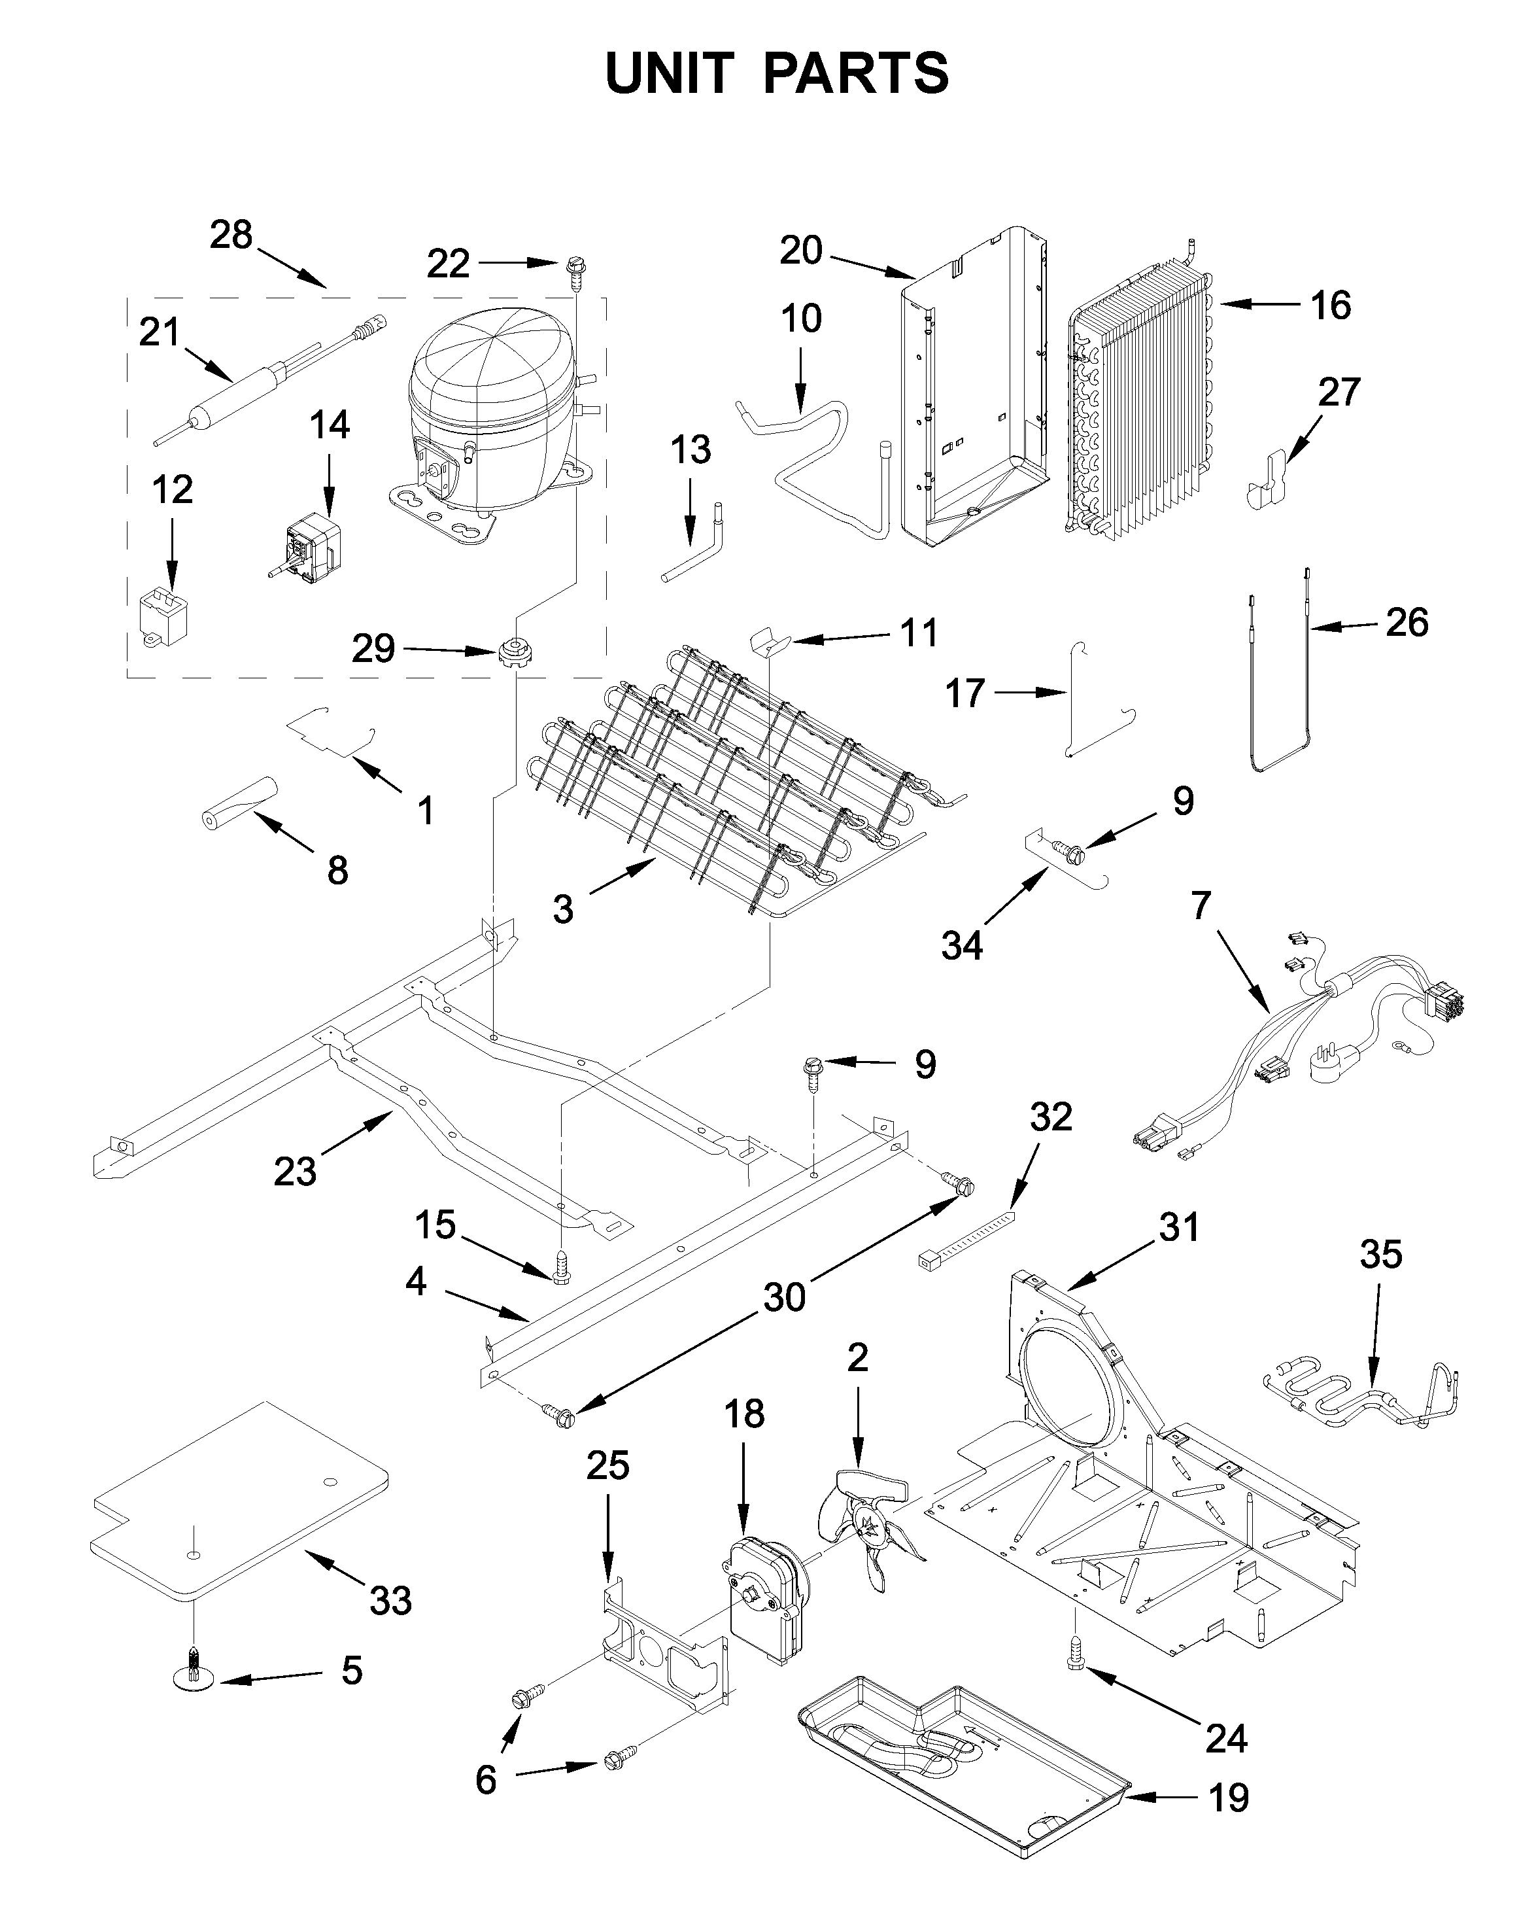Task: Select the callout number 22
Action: pos(447,264)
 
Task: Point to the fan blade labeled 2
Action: pos(867,1527)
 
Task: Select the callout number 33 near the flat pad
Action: pos(390,1601)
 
